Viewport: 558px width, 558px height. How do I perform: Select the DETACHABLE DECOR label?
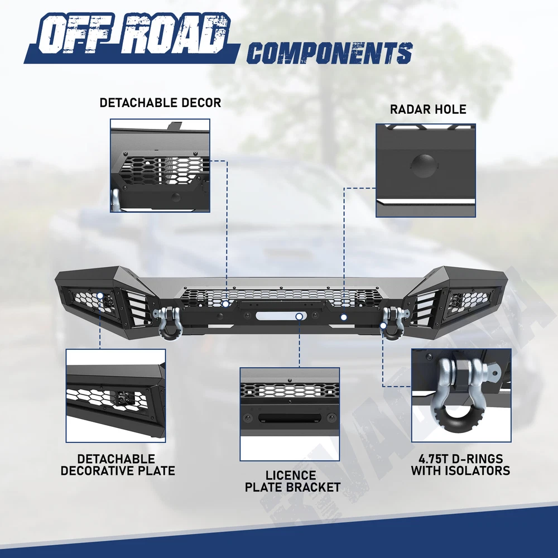[160, 103]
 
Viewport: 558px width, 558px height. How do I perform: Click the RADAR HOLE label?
[428, 109]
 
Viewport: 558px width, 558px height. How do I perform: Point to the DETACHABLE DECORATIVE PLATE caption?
[117, 465]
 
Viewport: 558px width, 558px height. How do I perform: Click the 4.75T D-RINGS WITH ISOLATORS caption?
[460, 465]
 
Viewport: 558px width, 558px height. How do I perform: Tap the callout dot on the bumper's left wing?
[100, 296]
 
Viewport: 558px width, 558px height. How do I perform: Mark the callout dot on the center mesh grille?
[227, 304]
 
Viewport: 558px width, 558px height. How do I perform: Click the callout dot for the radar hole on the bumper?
[344, 317]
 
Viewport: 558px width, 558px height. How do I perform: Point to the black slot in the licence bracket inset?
[289, 418]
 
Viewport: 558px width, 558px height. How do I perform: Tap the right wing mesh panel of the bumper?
[466, 302]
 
